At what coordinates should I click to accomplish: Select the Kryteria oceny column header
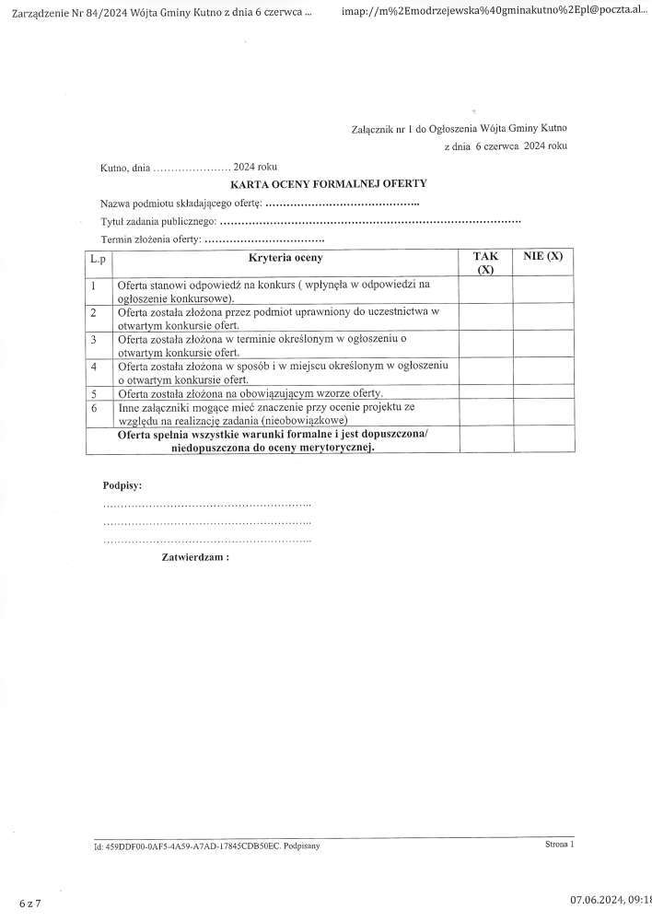click(285, 259)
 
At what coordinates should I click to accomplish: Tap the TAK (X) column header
click(485, 263)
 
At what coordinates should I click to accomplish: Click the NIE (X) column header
click(542, 256)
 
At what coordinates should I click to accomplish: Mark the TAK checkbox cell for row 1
click(485, 291)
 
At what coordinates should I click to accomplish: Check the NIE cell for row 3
click(543, 344)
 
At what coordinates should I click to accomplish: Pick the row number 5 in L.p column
click(95, 393)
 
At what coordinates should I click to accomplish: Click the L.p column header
click(98, 261)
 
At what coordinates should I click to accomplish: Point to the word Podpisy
click(122, 484)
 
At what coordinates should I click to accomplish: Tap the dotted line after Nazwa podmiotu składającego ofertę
click(342, 203)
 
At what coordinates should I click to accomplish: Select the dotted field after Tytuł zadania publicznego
click(370, 222)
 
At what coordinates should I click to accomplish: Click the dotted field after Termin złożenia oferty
click(264, 240)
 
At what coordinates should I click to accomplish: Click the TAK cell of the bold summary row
click(485, 439)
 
